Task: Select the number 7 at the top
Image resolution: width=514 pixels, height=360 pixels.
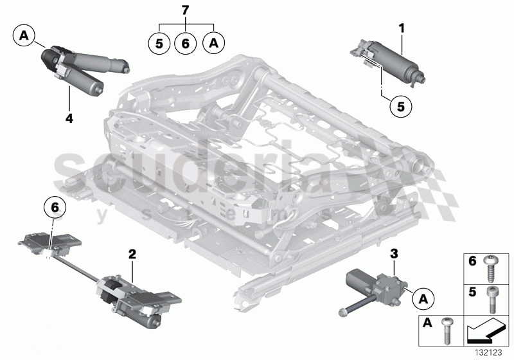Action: click(186, 10)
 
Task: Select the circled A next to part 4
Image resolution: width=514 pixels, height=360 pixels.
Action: click(24, 35)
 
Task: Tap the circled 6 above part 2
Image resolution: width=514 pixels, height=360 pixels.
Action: click(55, 208)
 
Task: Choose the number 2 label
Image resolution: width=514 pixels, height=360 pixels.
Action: click(132, 255)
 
